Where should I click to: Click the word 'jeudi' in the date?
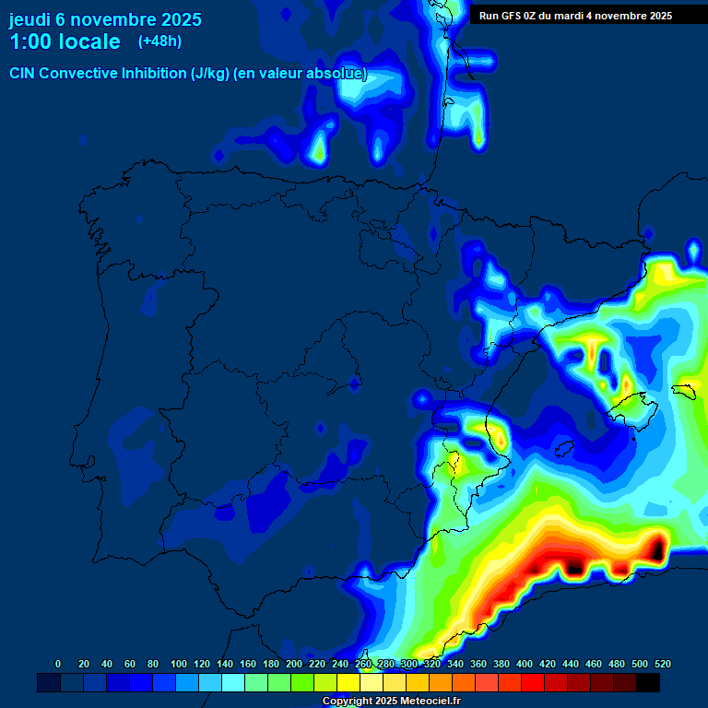pyautogui.click(x=30, y=19)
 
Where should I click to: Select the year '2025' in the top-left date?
pyautogui.click(x=181, y=19)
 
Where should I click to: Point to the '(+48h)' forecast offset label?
pyautogui.click(x=159, y=41)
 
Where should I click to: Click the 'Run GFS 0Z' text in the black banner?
pyautogui.click(x=507, y=16)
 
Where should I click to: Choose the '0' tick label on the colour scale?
pyautogui.click(x=58, y=664)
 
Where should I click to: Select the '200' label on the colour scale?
pyautogui.click(x=294, y=664)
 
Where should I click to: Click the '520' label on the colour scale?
pyautogui.click(x=662, y=664)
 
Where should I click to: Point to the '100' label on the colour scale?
pyautogui.click(x=179, y=664)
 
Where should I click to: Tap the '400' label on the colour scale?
pyautogui.click(x=525, y=664)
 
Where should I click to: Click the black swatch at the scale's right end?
pyautogui.click(x=648, y=682)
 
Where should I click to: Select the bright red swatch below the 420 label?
pyautogui.click(x=533, y=682)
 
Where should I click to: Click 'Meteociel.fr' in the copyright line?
pyautogui.click(x=431, y=702)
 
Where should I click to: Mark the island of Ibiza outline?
pyautogui.click(x=563, y=448)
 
